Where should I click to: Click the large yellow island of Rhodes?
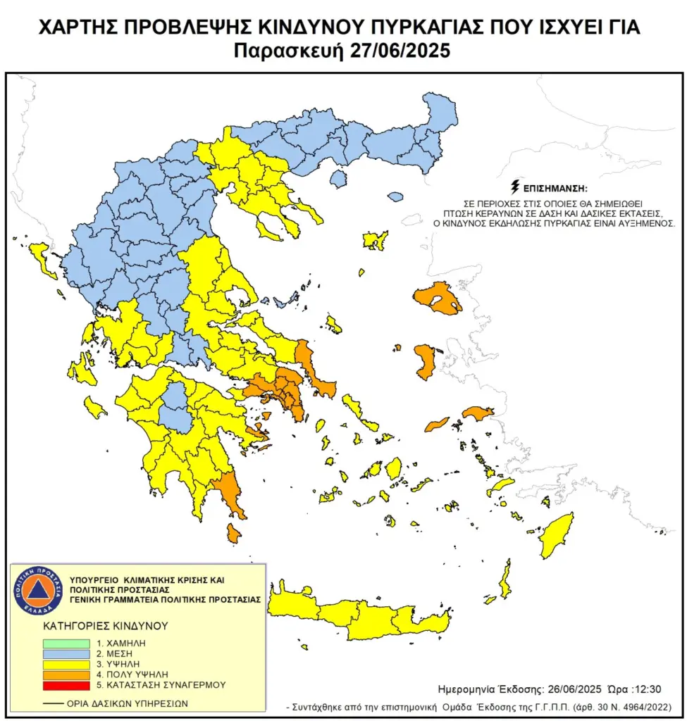pyautogui.click(x=557, y=534)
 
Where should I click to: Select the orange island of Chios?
pyautogui.click(x=425, y=361)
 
